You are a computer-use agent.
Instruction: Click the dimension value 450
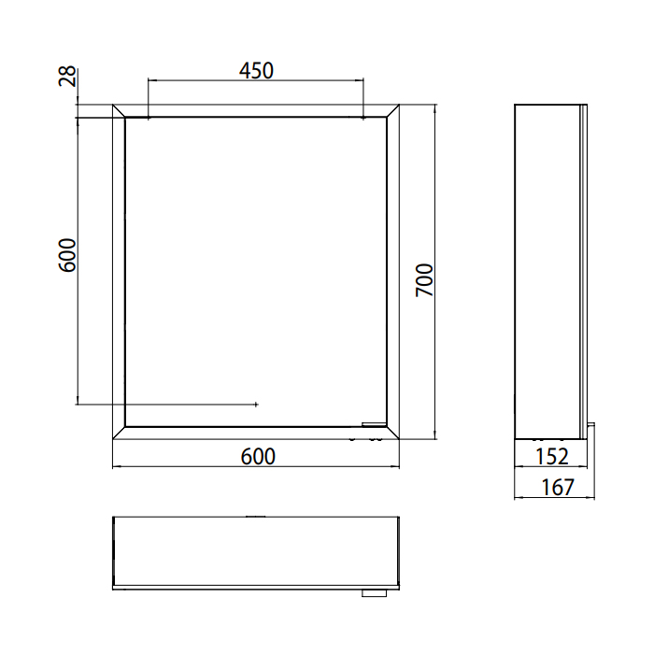click(x=256, y=70)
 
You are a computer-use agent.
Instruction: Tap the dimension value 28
click(x=67, y=76)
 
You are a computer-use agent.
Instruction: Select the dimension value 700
click(x=424, y=280)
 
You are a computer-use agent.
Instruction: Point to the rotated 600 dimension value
click(x=67, y=255)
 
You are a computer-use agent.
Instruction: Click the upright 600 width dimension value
click(x=258, y=457)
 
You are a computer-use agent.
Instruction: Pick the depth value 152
click(x=551, y=456)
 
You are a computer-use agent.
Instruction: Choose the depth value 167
click(x=558, y=487)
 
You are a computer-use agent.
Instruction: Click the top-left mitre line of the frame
click(x=119, y=110)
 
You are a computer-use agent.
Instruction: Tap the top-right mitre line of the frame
click(x=393, y=110)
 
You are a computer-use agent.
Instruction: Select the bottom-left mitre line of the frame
click(x=119, y=433)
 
